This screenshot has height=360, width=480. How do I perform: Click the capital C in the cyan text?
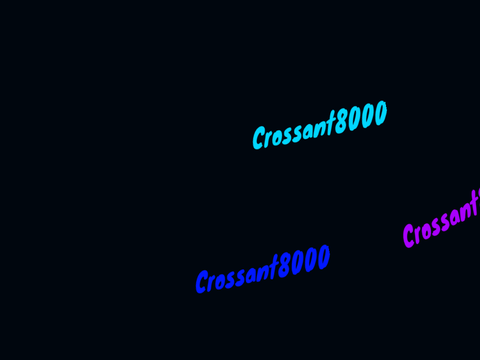click(x=259, y=137)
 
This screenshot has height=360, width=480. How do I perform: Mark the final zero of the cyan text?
click(x=380, y=113)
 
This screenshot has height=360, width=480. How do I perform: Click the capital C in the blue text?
click(x=203, y=282)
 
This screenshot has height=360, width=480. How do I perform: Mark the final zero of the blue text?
click(x=323, y=258)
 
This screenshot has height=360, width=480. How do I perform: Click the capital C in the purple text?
click(x=410, y=236)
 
